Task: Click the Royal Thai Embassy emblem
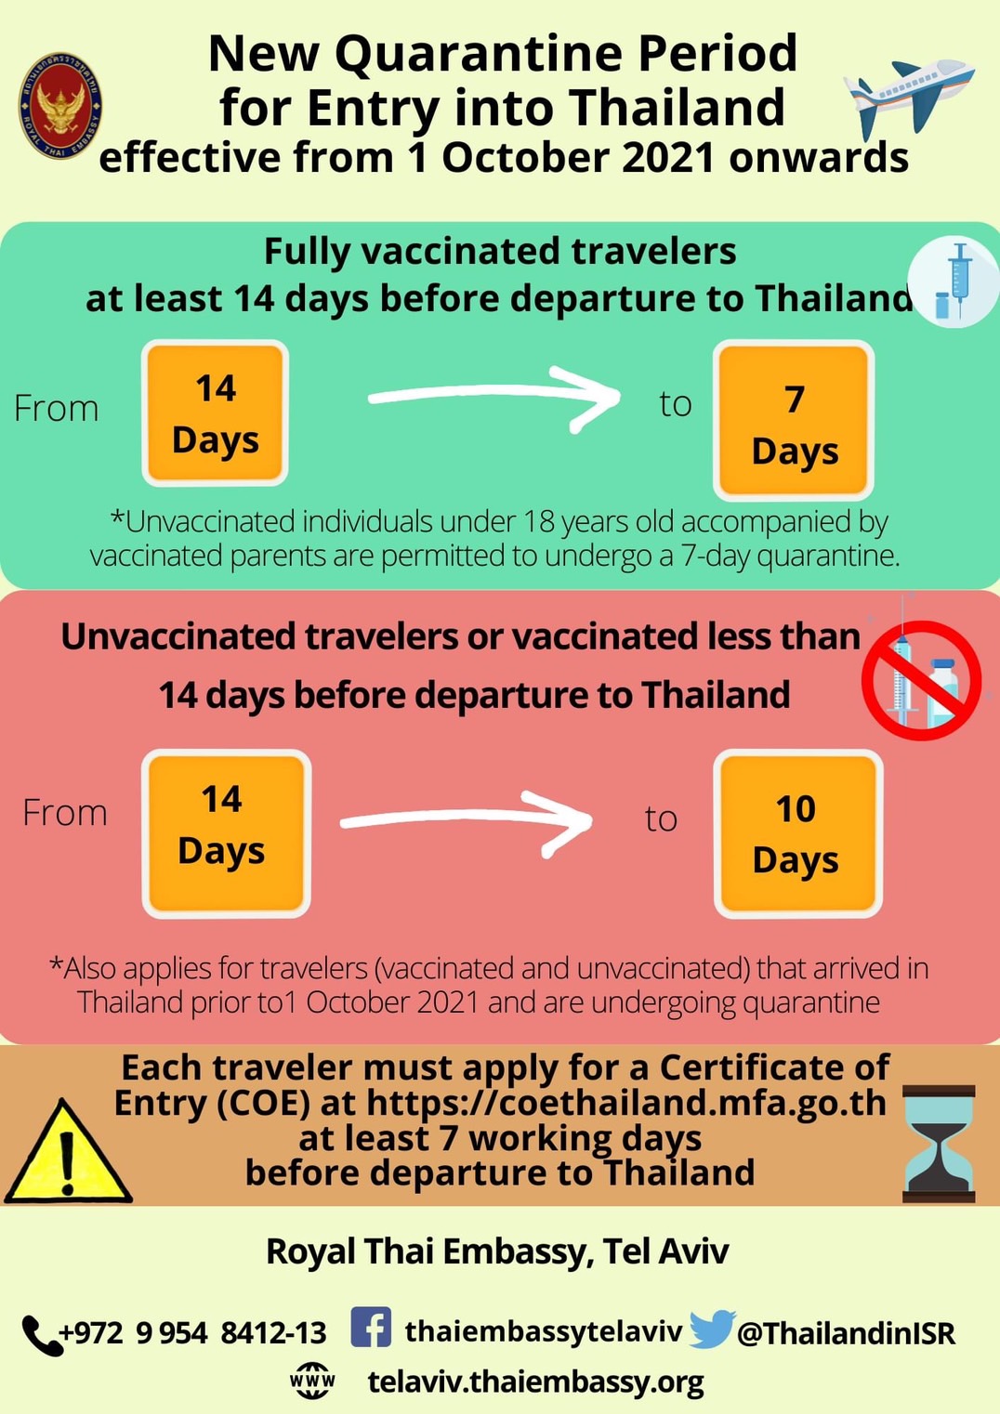coord(60,105)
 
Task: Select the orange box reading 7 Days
coord(794,421)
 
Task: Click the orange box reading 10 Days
coord(798,833)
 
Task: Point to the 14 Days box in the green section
coord(216,412)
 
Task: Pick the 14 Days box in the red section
coord(226,833)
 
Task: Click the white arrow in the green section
coord(493,395)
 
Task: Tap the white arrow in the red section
coord(466,819)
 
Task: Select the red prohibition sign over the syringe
coord(922,680)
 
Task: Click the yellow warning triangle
coord(68,1151)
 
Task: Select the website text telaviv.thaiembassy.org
coord(535,1381)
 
